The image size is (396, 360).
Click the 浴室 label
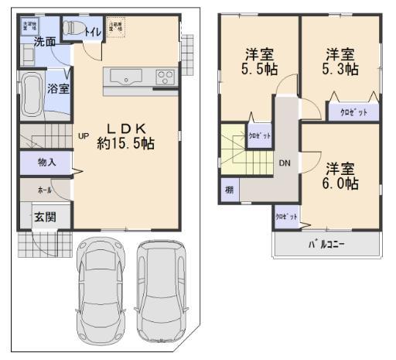tap(59, 88)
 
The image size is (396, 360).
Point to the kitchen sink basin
tap(124, 76)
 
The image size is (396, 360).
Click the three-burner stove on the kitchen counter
tap(166, 76)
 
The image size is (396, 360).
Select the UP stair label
tap(84, 135)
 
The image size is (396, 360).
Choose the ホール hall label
tap(43, 188)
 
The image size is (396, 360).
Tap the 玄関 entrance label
tap(43, 217)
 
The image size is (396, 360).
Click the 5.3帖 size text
tap(341, 69)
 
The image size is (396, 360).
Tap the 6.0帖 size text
tap(340, 183)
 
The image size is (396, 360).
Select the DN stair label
tap(285, 163)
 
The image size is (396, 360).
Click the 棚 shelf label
tap(230, 190)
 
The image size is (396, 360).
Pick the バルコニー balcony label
tap(327, 244)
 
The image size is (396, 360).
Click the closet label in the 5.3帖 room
tap(353, 112)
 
